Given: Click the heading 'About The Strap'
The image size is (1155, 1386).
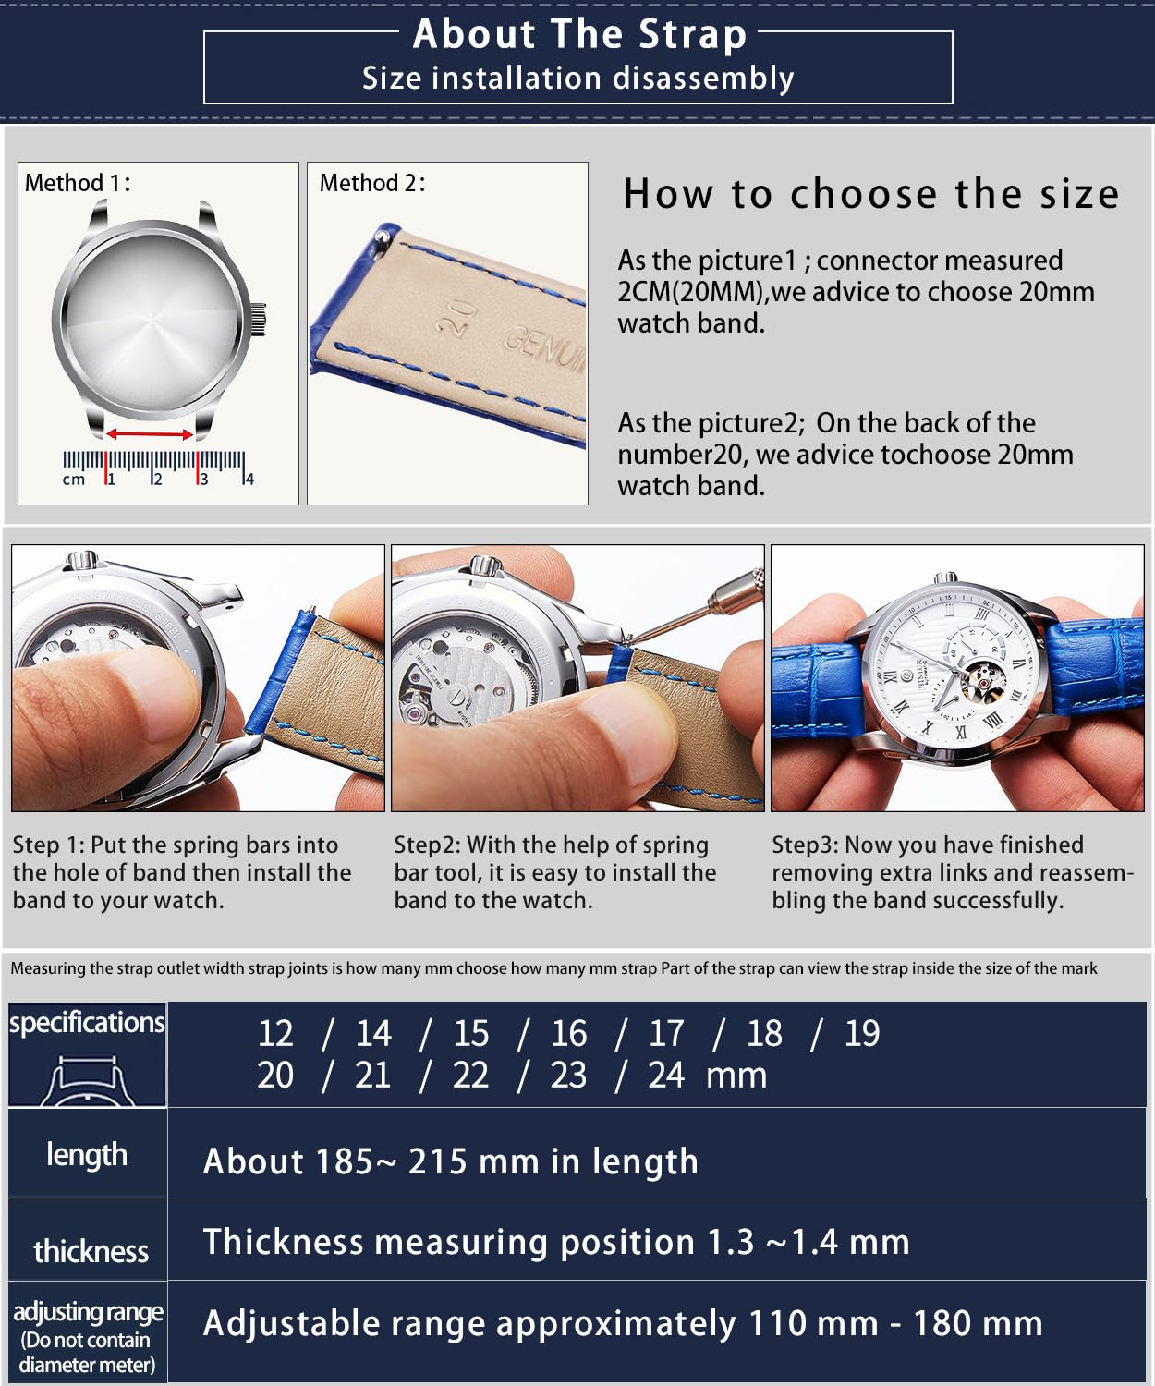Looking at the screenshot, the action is pyautogui.click(x=578, y=34).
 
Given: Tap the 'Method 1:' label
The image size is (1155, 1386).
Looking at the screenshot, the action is pyautogui.click(x=78, y=183).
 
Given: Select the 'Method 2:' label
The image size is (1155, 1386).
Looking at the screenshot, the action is pyautogui.click(x=372, y=183).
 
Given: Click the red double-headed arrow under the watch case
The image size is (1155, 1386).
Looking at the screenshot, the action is pyautogui.click(x=150, y=434).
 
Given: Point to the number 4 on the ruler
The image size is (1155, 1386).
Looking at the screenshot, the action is pyautogui.click(x=249, y=479).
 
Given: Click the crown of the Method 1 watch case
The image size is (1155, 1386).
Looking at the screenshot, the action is pyautogui.click(x=258, y=319).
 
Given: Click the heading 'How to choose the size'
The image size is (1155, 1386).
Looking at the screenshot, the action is pyautogui.click(x=871, y=194).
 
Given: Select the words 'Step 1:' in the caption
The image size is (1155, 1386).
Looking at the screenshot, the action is pyautogui.click(x=48, y=845).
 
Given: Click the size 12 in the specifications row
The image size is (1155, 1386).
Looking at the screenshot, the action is pyautogui.click(x=275, y=1034).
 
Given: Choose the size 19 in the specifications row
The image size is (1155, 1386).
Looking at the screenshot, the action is pyautogui.click(x=861, y=1034).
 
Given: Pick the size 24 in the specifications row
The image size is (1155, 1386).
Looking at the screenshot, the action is pyautogui.click(x=666, y=1076).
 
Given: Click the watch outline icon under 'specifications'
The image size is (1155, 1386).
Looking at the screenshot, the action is pyautogui.click(x=87, y=1081).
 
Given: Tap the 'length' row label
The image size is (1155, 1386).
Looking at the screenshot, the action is pyautogui.click(x=87, y=1155).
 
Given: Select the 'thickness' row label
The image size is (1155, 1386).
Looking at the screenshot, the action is pyautogui.click(x=91, y=1251).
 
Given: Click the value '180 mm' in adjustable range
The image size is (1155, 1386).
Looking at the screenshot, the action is pyautogui.click(x=978, y=1323).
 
